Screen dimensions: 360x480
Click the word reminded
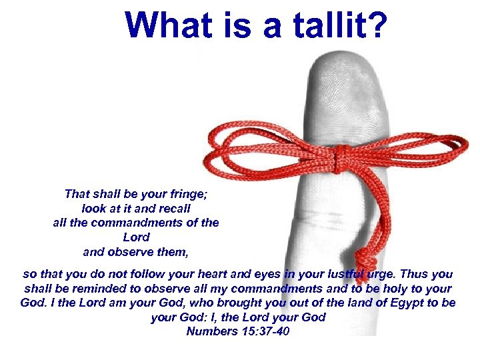[81, 289]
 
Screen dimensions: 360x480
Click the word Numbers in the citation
[209, 331]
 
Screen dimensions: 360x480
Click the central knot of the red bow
[341, 159]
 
